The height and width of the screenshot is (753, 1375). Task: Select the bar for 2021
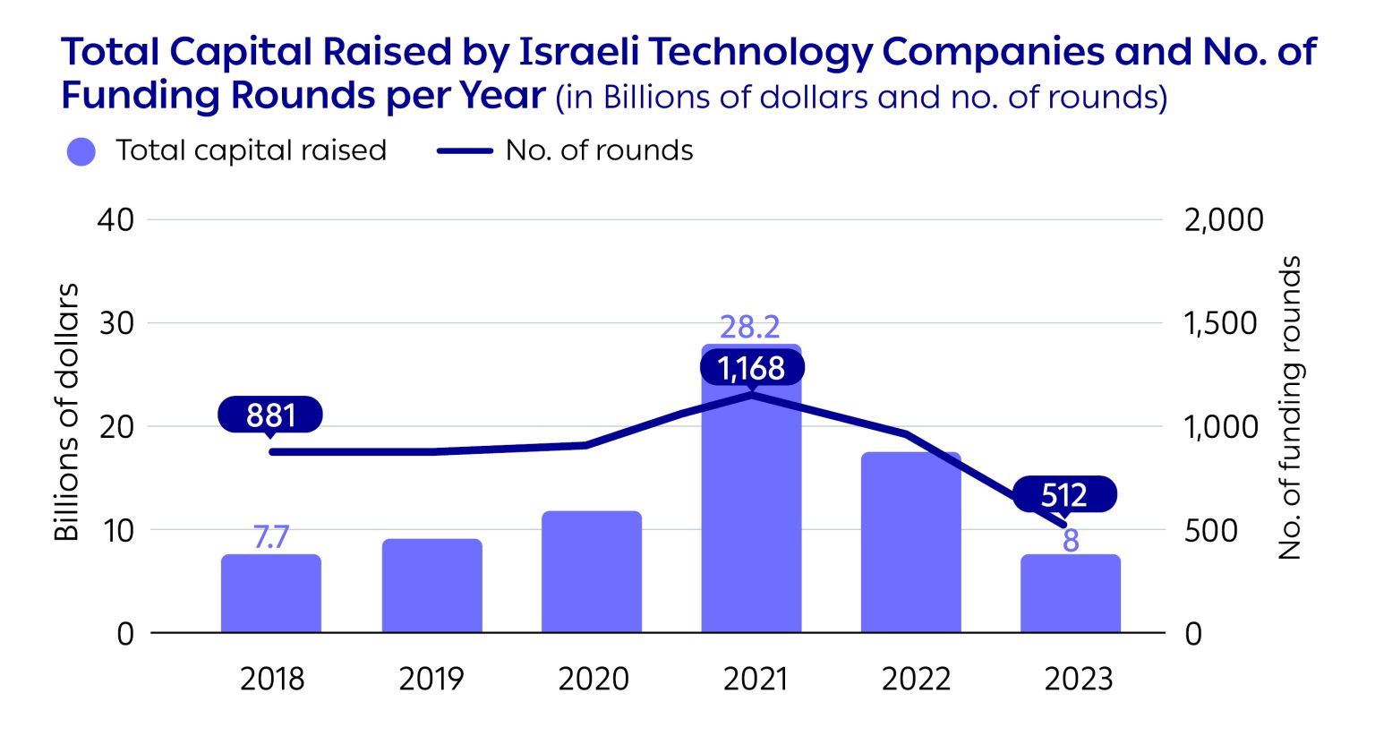[x=751, y=501]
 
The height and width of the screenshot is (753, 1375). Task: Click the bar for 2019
[x=431, y=586]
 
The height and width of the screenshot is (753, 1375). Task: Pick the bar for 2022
[x=910, y=543]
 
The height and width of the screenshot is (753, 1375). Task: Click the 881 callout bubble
[x=270, y=415]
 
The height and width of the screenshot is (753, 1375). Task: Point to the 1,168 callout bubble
[x=752, y=368]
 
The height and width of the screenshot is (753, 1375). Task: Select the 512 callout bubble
[x=1064, y=494]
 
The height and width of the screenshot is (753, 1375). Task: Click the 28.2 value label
[x=750, y=327]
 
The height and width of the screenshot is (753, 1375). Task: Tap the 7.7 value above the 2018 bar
[x=270, y=537]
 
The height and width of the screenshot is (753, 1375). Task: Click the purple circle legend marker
[x=81, y=151]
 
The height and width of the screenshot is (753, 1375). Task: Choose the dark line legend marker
[x=465, y=151]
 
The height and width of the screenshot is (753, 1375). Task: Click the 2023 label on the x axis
[x=1078, y=679]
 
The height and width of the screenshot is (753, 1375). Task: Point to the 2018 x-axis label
[x=272, y=679]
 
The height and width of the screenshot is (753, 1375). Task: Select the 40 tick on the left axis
[x=115, y=220]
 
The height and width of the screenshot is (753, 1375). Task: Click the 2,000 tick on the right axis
[x=1223, y=220]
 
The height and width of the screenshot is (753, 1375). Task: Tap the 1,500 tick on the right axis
[x=1220, y=323]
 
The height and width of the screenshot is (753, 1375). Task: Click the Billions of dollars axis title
[x=67, y=412]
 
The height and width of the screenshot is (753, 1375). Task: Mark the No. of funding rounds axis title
[x=1290, y=408]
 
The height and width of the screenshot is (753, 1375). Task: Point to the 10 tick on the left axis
[x=117, y=530]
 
